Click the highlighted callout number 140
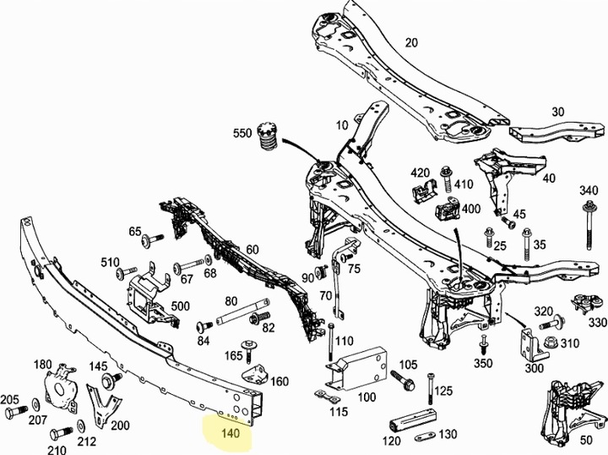[x=231, y=432]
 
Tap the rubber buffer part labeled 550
[x=268, y=139]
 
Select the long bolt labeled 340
[x=589, y=225]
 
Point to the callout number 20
[x=411, y=42]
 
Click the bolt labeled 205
[x=17, y=411]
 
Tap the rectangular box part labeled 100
[x=357, y=368]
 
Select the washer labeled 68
[x=209, y=259]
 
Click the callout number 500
[x=181, y=306]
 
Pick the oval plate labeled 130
[x=426, y=438]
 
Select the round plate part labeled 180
[x=61, y=387]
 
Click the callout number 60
[x=252, y=249]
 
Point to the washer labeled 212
[x=81, y=426]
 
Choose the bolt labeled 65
[x=152, y=238]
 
